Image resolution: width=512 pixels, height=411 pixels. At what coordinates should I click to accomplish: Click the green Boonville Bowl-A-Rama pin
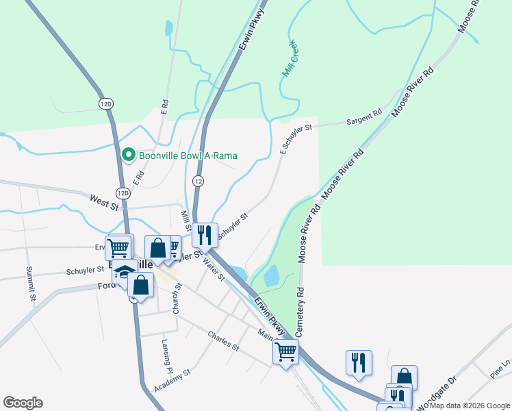(128, 155)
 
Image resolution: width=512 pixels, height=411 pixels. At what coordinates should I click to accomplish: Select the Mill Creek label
(290, 58)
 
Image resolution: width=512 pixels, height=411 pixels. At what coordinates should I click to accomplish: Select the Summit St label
(30, 284)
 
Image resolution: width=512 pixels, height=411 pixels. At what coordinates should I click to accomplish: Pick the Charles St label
(224, 341)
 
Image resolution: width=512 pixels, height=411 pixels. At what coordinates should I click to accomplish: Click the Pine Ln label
(500, 371)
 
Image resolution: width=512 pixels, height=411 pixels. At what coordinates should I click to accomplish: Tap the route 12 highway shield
(198, 181)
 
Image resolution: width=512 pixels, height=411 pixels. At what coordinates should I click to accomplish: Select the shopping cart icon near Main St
(285, 352)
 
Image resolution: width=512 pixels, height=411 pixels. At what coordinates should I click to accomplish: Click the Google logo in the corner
(23, 403)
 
